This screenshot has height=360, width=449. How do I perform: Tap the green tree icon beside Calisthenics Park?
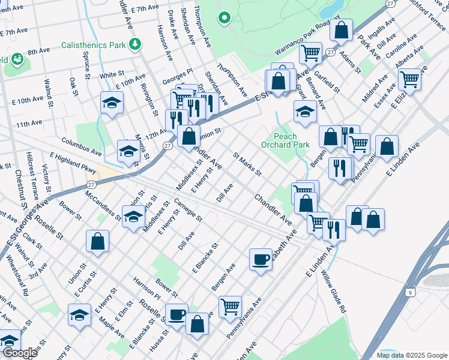136,43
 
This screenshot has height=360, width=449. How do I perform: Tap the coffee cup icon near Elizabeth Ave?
261,259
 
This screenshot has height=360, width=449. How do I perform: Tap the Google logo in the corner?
19,353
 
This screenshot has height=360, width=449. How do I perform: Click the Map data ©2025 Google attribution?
411,355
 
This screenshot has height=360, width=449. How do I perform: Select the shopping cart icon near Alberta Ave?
409,78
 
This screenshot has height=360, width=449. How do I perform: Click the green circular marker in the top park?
225,18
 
